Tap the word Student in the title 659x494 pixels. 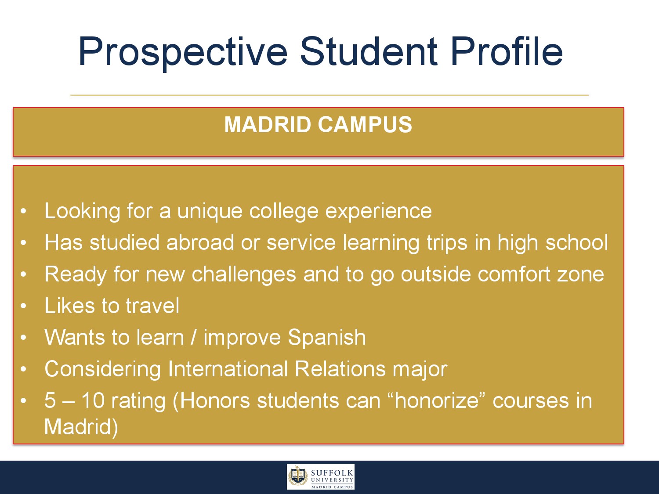tap(369, 51)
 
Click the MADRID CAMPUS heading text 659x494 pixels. tap(318, 124)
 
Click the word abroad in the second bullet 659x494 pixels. tap(200, 242)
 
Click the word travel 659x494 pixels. tap(152, 306)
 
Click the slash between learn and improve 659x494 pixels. tap(194, 337)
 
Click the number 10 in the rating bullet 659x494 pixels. tap(93, 400)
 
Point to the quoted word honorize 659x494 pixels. tap(437, 400)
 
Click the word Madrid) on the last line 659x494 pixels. tap(81, 426)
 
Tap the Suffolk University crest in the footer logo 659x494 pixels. tap(298, 477)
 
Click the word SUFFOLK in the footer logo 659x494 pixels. tap(332, 473)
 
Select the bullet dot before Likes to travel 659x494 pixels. tap(23, 306)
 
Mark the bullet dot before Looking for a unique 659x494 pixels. tap(23, 211)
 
